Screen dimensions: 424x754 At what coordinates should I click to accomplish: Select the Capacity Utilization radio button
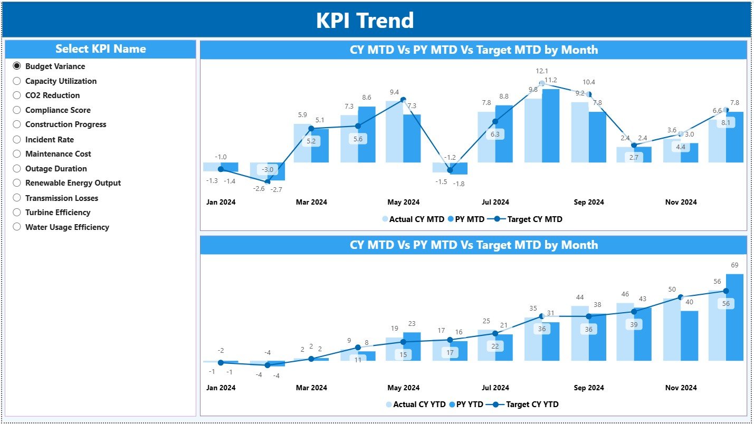pos(17,81)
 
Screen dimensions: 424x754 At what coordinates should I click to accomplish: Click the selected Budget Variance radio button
pos(17,66)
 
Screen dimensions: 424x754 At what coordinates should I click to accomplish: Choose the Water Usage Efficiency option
pos(17,227)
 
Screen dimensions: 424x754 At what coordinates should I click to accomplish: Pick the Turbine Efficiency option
pos(17,212)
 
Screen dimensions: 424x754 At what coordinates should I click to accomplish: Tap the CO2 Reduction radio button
pos(17,95)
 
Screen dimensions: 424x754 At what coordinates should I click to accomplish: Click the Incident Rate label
pos(49,140)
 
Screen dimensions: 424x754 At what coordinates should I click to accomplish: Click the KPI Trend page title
pos(365,21)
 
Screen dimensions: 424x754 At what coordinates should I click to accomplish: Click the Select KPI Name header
pos(100,49)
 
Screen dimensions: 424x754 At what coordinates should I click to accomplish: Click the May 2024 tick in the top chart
pos(403,202)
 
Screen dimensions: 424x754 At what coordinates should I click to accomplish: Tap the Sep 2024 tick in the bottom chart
pos(588,388)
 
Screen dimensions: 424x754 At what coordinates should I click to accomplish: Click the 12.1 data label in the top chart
pos(542,71)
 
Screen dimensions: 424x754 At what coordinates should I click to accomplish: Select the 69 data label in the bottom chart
pos(734,264)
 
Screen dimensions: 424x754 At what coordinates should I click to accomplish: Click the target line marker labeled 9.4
pos(403,99)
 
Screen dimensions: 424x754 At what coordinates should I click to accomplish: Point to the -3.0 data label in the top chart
pos(268,169)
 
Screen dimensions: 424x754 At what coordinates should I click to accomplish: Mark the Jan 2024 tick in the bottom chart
pos(221,388)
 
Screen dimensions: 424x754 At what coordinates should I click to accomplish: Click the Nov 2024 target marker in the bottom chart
pos(681,297)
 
